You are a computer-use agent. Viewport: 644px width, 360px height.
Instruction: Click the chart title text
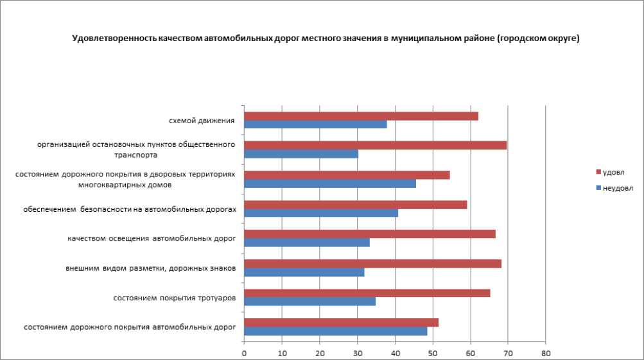pos(326,39)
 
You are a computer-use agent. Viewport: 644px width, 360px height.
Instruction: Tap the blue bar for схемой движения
pos(315,124)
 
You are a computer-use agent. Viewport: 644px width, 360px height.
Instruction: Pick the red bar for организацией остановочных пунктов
pos(375,145)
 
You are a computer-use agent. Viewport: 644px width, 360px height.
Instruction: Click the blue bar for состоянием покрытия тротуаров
pos(309,302)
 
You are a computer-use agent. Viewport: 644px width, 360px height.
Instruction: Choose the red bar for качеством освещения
pos(369,234)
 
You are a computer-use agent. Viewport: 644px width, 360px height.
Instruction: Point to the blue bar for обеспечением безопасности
pos(321,213)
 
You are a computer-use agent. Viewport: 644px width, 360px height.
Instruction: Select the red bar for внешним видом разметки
pos(372,263)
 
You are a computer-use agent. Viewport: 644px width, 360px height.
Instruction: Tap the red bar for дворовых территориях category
pos(347,175)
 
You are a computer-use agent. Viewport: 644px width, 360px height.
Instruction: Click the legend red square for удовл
pos(598,172)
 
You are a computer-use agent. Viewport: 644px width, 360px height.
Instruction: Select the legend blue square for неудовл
pos(598,188)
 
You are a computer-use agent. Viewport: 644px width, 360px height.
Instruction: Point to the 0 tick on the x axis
pos(244,352)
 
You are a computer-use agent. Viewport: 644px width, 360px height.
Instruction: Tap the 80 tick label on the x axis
pos(545,352)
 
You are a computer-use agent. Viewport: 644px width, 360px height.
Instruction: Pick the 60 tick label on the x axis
pos(470,352)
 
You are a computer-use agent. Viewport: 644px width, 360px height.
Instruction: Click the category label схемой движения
pos(202,120)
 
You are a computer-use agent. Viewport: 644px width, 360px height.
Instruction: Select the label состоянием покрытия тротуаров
pos(173,298)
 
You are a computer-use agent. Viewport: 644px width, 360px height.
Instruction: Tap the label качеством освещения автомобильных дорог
pos(152,239)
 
